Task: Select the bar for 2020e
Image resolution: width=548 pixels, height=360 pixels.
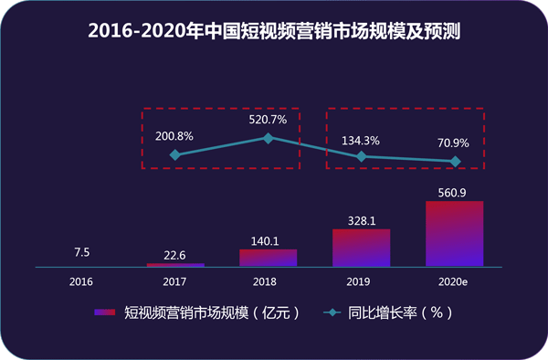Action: [x=454, y=234]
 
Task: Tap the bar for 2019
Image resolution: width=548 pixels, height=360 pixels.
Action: [x=361, y=248]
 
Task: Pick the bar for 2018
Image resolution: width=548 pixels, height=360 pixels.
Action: [x=268, y=258]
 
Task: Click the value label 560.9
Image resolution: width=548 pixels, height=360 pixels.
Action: [x=454, y=192]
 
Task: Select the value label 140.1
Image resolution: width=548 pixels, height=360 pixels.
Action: [x=268, y=239]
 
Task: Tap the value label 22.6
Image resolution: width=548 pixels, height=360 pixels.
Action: [x=175, y=254]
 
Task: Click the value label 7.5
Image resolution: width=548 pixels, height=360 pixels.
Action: [x=81, y=253]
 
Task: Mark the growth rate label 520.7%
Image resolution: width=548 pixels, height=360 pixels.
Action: [x=268, y=119]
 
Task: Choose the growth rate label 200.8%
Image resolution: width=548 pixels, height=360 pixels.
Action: [x=175, y=135]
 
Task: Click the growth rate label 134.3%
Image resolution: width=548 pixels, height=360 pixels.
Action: [x=361, y=141]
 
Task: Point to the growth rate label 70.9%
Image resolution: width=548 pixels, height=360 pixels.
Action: [x=454, y=142]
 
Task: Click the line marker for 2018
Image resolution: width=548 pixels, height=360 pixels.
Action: [x=268, y=138]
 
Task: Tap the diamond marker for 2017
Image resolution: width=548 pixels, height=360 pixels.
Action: [x=175, y=155]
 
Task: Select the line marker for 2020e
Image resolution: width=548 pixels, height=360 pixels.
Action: [x=455, y=162]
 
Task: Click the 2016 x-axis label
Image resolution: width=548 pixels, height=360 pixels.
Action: [x=81, y=281]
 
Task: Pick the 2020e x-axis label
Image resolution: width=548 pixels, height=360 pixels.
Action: [x=454, y=281]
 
